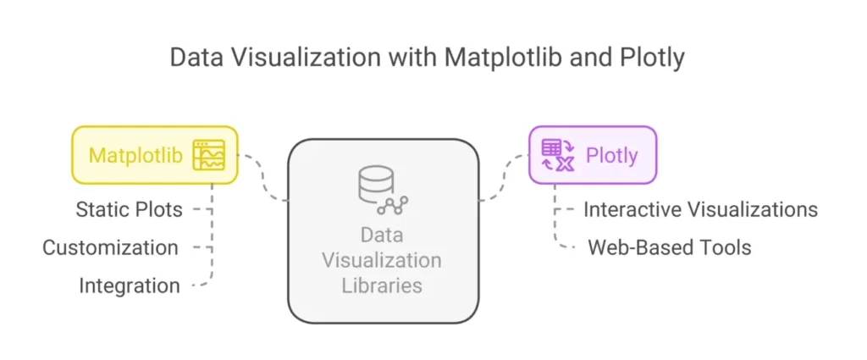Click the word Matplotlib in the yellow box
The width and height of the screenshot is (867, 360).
[x=136, y=156]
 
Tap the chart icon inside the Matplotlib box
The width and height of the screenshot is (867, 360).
[x=209, y=156]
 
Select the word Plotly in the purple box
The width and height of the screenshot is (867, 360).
[x=612, y=156]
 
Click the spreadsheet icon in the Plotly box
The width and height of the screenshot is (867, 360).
[x=558, y=156]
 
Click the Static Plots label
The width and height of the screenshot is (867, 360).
[x=129, y=208]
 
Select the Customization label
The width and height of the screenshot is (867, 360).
[x=110, y=247]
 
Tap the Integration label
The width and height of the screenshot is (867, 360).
[x=130, y=285]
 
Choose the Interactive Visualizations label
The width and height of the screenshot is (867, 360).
[x=700, y=208]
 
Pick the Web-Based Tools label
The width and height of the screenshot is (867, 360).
[x=669, y=247]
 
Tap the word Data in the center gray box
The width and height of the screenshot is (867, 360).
[x=382, y=234]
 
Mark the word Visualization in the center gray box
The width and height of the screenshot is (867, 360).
[x=382, y=259]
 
